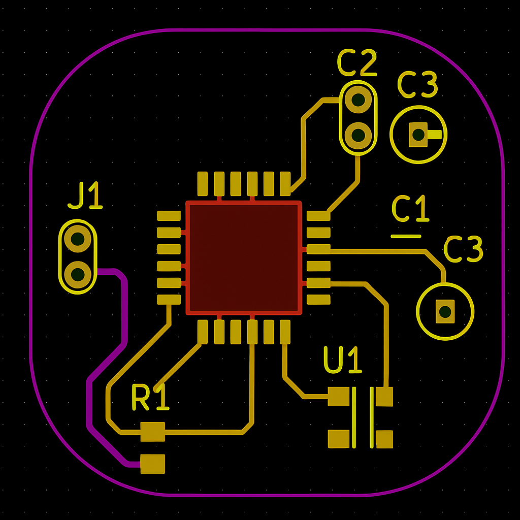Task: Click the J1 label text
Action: point(85,197)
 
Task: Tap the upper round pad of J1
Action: point(78,238)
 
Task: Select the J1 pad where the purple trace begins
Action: point(78,274)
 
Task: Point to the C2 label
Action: point(357,63)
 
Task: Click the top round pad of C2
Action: point(358,100)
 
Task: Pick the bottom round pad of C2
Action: point(358,135)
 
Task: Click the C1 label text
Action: point(410,209)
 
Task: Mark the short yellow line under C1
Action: point(406,236)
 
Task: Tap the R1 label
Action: point(150,398)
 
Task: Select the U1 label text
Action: point(343,361)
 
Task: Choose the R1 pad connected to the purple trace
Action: point(152,464)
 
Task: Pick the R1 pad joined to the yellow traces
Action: point(152,432)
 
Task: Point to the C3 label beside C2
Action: point(417,85)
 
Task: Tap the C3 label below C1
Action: point(463,249)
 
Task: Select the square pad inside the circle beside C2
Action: point(418,135)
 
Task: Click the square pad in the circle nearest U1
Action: point(445,311)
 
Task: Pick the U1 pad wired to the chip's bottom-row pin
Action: point(338,396)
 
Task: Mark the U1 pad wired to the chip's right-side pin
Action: point(384,396)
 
